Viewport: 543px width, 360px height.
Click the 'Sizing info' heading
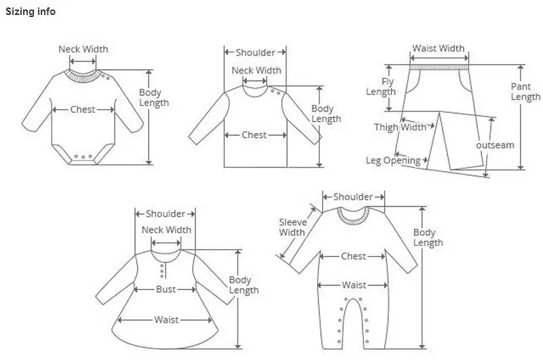point(31,12)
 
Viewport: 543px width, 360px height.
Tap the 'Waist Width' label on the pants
point(438,48)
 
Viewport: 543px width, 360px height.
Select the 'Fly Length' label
point(381,87)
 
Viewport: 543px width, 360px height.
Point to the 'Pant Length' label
point(525,92)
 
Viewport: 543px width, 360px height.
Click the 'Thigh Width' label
point(400,127)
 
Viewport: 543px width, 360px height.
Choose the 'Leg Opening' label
point(393,161)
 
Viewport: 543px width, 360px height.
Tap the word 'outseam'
point(495,145)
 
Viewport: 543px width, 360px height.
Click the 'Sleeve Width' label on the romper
point(293,228)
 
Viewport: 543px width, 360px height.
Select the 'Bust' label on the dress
point(166,289)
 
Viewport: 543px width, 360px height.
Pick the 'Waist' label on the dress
point(166,319)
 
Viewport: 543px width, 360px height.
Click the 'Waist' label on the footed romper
point(354,285)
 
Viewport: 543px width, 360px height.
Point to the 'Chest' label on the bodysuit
point(83,109)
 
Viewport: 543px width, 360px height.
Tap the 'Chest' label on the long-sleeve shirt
point(254,135)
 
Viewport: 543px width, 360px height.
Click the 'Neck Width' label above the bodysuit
point(83,49)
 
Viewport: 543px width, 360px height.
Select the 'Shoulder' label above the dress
point(165,214)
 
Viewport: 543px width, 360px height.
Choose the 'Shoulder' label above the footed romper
point(353,197)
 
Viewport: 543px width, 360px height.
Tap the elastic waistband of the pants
point(439,67)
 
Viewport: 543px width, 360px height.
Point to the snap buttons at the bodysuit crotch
point(83,157)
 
